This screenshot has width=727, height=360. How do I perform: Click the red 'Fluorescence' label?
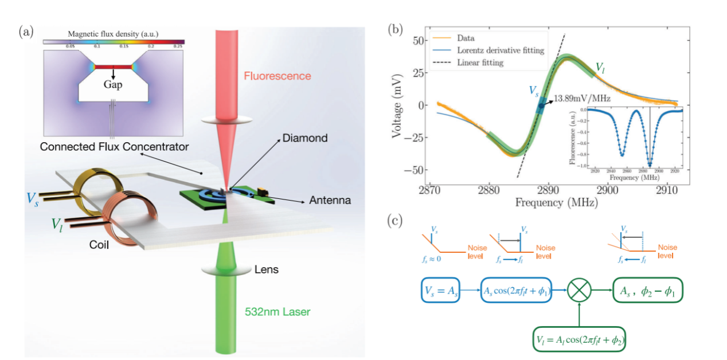click(x=277, y=76)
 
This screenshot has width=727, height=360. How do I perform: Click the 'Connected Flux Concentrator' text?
click(x=114, y=147)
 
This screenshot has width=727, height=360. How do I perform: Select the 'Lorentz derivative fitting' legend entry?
click(x=501, y=50)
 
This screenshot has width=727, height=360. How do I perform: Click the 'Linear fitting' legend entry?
click(x=480, y=62)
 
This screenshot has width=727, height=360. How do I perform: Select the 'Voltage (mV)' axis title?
click(x=396, y=105)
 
